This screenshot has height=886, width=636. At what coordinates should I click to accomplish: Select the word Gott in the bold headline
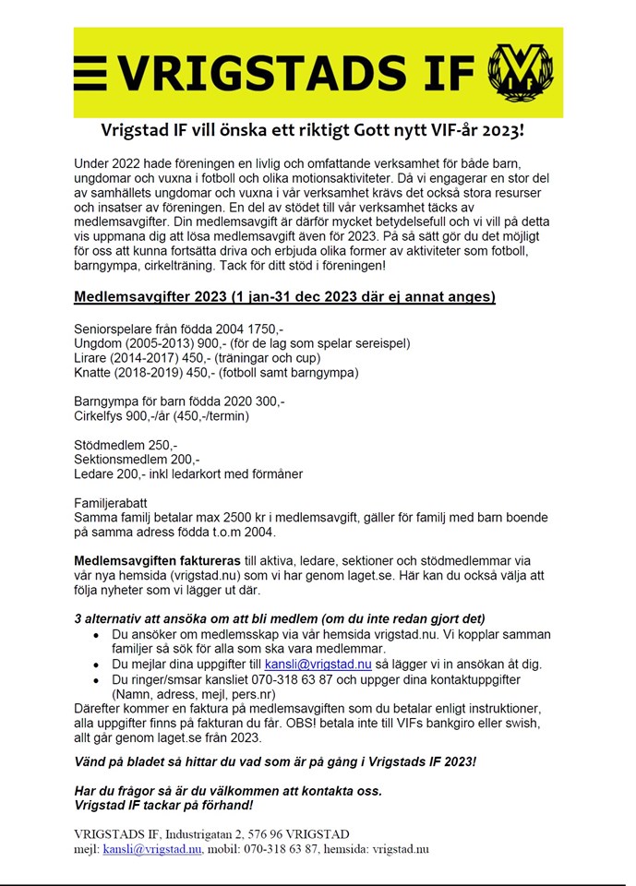click(x=375, y=129)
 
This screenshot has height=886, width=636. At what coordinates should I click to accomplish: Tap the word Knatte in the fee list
click(x=95, y=373)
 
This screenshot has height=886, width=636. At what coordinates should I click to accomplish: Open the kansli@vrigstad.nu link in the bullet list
click(x=318, y=664)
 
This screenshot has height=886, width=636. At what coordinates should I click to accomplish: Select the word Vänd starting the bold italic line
click(x=92, y=762)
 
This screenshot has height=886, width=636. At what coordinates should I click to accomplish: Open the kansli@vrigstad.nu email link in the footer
click(x=152, y=849)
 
